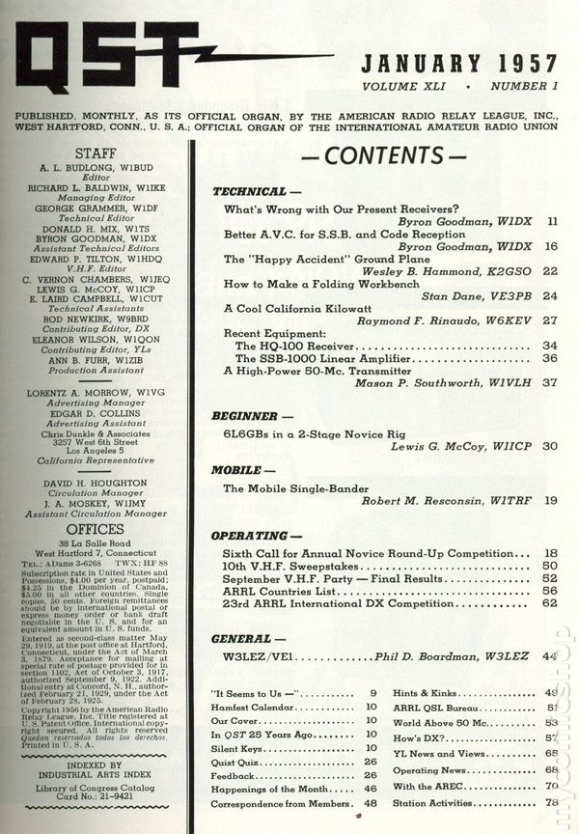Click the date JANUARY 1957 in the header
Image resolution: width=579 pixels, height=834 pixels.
tap(459, 65)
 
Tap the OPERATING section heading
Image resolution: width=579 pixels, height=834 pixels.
tap(254, 535)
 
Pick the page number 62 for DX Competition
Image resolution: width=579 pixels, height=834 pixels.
tap(550, 603)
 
